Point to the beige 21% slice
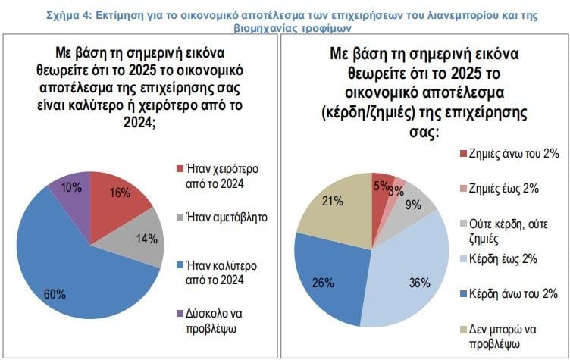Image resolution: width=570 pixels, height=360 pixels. click(334, 205)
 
